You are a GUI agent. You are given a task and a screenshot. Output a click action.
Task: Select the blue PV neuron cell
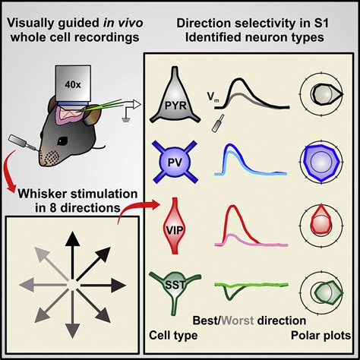(x=185, y=160)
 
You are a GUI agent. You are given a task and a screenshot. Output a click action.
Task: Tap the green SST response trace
(x=243, y=287)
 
